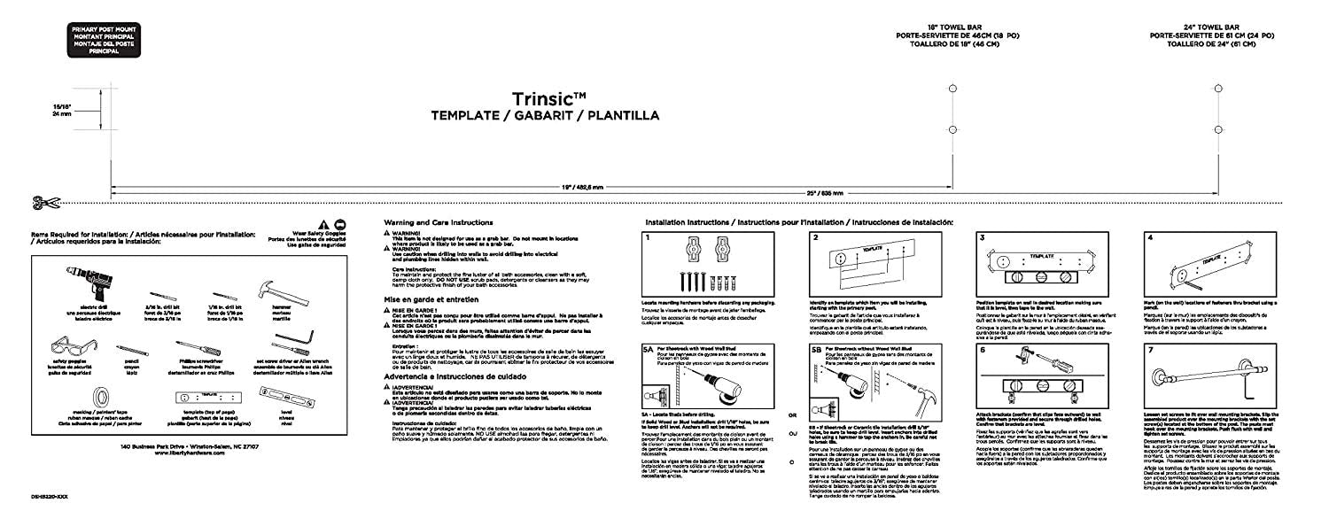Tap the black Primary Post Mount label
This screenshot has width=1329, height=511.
tap(97, 41)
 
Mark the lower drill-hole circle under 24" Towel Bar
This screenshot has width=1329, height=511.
tap(1219, 130)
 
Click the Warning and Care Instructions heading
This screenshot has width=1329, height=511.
tap(439, 221)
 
